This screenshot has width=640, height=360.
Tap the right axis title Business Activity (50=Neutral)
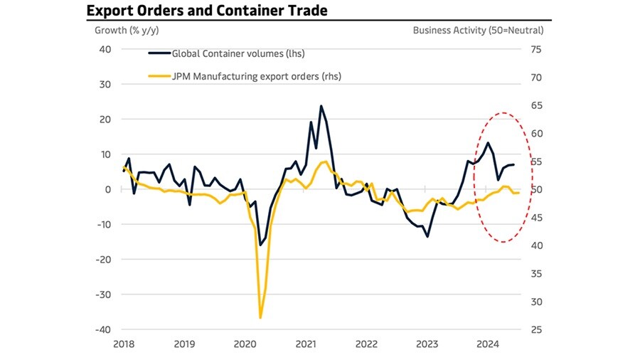coord(478,31)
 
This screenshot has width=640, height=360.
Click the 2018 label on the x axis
coord(124,345)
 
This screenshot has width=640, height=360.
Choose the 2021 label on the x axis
coord(306,345)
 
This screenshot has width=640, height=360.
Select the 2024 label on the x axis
coord(488,345)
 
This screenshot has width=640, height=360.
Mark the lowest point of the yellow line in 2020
coord(261,317)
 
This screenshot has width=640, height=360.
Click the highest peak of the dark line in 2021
coord(321,106)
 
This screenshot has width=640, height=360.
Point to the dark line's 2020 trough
coord(260,245)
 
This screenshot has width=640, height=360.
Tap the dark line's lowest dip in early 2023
coord(427,236)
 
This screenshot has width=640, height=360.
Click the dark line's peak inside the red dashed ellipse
coord(488,143)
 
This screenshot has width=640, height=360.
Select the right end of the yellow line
coord(519,193)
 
